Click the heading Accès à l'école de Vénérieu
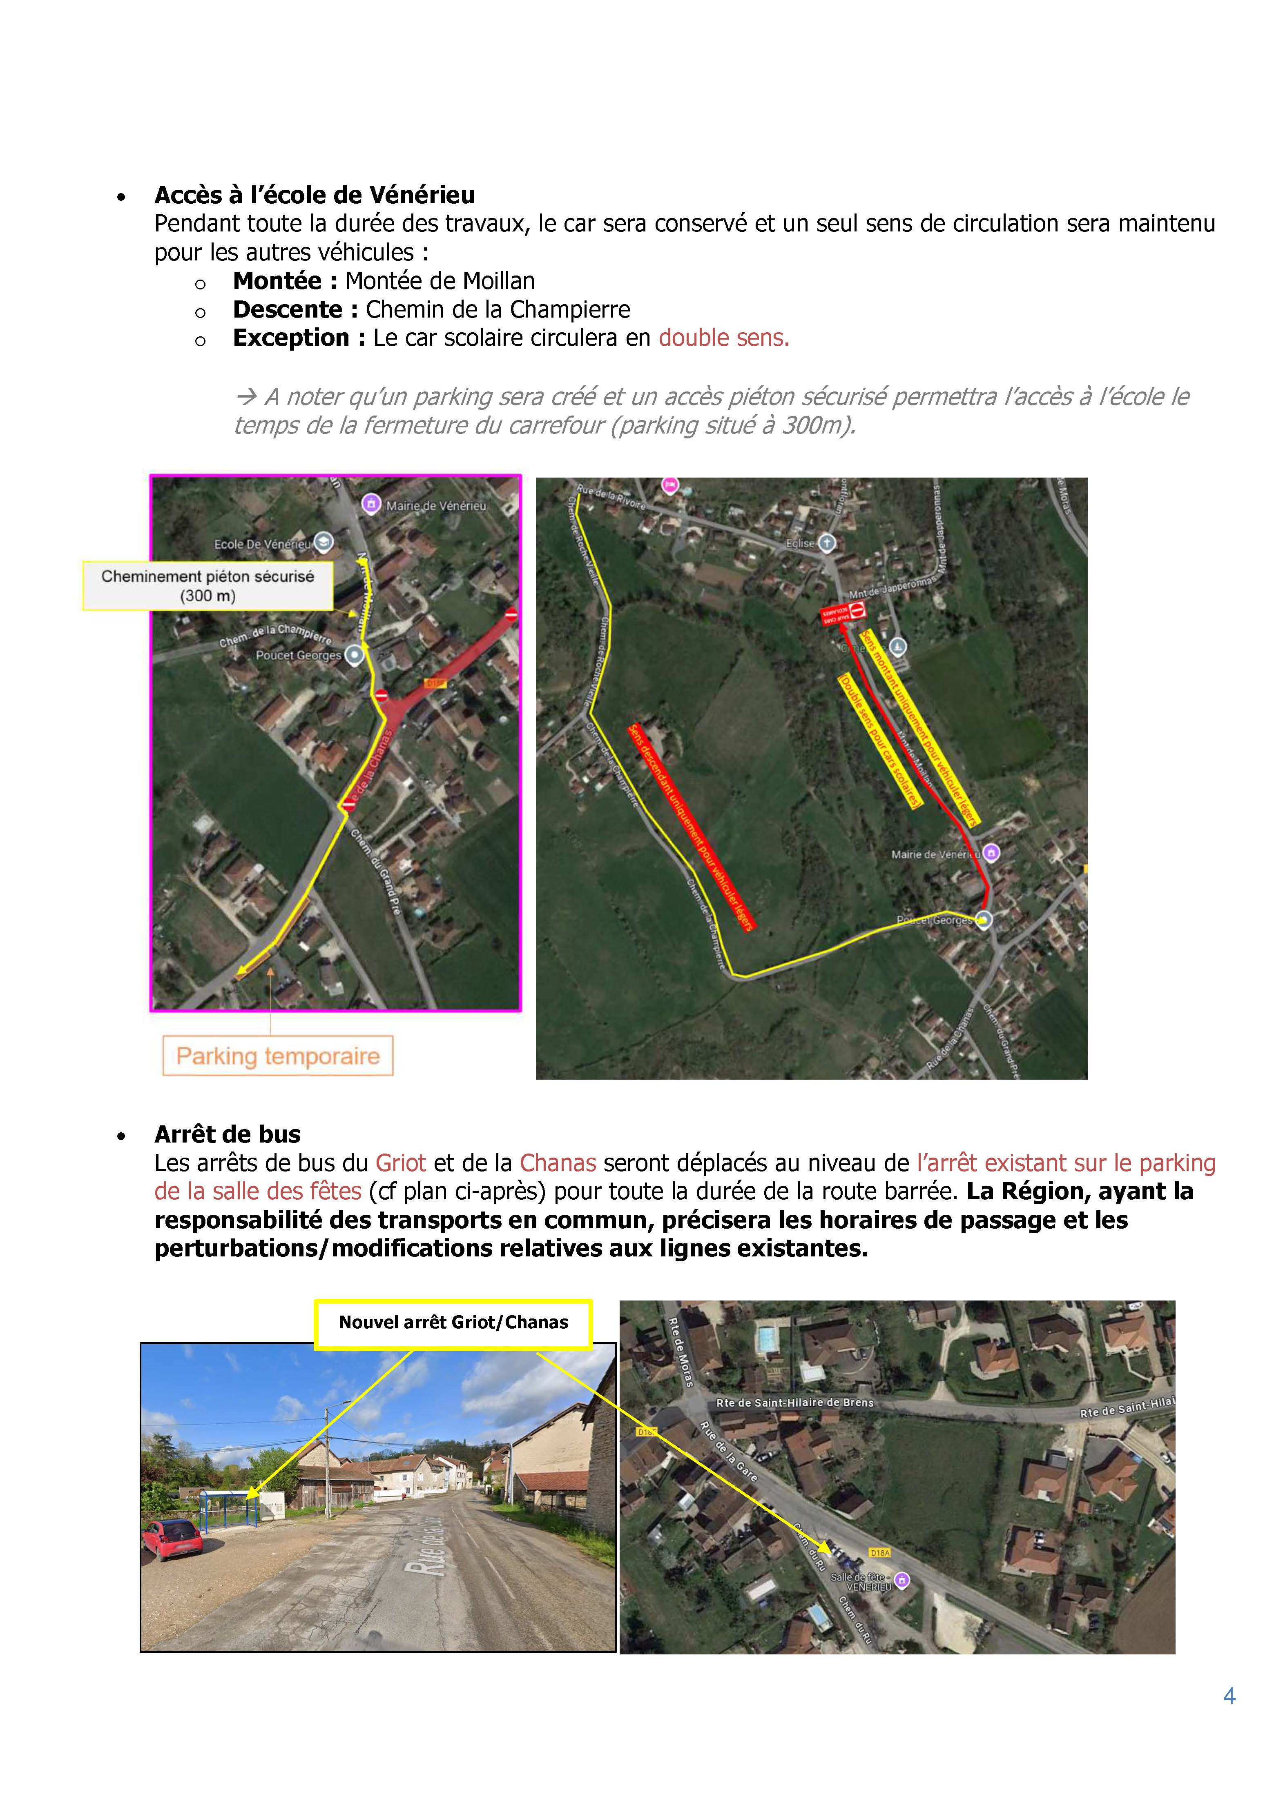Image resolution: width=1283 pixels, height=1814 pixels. [315, 195]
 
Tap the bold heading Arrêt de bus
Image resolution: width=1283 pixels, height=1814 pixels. [228, 1134]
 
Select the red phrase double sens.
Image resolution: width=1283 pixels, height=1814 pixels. [723, 338]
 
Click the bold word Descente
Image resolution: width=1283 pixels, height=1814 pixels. [288, 310]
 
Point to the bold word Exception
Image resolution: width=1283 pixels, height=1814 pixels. [291, 338]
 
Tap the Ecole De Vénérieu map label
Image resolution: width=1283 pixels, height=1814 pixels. [263, 545]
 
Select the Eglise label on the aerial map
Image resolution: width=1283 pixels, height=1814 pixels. [800, 544]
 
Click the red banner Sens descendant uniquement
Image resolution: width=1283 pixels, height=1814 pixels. [691, 827]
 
